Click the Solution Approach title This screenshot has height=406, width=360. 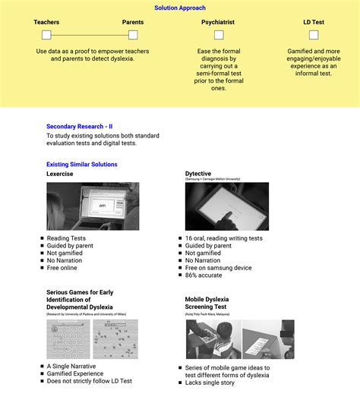(179, 8)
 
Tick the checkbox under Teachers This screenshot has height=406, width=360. (46, 35)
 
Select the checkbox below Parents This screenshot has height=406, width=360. (133, 35)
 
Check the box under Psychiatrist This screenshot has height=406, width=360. (217, 35)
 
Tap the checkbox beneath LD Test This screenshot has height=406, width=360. (314, 35)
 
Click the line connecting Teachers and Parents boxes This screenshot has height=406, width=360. (90, 35)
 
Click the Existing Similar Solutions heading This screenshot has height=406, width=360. (82, 165)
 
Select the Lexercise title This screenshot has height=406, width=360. (61, 174)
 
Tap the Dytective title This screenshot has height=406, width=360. (198, 173)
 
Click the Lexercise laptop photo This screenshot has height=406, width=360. (93, 206)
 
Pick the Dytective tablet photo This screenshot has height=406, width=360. (226, 206)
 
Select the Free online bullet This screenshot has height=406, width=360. (62, 268)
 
